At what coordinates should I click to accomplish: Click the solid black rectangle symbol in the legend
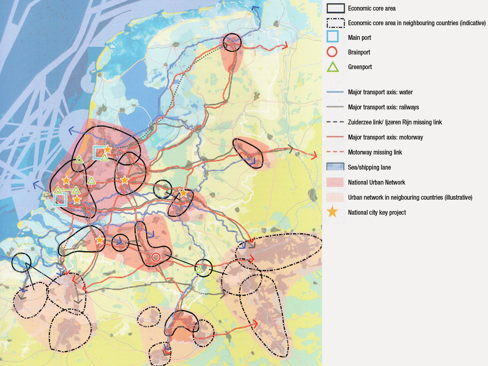(335, 8)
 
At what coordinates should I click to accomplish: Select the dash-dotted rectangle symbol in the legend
(335, 23)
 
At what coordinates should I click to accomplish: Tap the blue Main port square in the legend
(333, 37)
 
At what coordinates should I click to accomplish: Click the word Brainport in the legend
(359, 52)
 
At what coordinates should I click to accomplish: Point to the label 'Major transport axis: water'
(380, 92)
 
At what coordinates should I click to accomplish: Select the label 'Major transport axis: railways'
(383, 107)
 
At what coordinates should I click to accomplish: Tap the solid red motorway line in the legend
(335, 137)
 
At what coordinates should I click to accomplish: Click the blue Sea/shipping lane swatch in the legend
(335, 167)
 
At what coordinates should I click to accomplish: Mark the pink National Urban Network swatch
(335, 182)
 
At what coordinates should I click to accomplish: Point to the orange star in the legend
(333, 212)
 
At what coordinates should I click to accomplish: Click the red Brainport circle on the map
(156, 257)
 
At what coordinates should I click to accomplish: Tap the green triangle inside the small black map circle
(199, 269)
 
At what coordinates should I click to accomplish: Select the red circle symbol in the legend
(333, 52)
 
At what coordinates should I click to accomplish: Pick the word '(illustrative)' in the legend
(458, 197)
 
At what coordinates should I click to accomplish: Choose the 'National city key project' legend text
(377, 212)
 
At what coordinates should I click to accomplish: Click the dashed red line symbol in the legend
(335, 152)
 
